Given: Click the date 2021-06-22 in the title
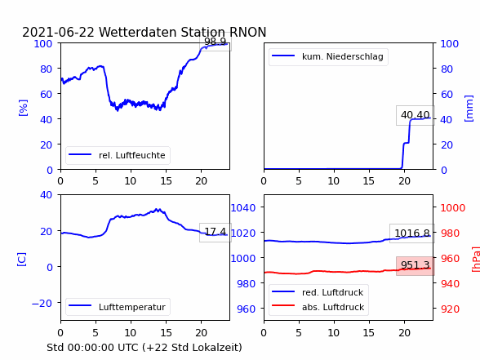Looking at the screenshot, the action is [x=59, y=32].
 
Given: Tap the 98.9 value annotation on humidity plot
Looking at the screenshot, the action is [x=216, y=42].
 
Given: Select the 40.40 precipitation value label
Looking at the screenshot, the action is [x=415, y=115].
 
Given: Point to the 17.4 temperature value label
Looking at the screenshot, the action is [x=216, y=232].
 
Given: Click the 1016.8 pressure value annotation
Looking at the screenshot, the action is [x=412, y=233].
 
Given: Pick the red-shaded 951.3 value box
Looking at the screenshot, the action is [x=415, y=265].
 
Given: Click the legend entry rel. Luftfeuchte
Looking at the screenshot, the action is [x=118, y=155].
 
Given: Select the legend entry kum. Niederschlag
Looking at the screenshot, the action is [x=328, y=56].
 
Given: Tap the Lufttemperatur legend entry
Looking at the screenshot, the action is [x=118, y=307].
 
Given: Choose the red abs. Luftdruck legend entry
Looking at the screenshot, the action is [x=318, y=307].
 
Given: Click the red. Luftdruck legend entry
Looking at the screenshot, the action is [x=318, y=292].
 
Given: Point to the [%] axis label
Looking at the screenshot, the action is [x=23, y=108].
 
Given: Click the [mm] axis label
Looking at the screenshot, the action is [x=469, y=109].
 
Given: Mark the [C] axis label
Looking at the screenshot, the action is [x=22, y=260].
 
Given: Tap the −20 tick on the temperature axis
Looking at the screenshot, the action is [x=42, y=303].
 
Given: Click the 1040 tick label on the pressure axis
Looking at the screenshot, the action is [x=243, y=208].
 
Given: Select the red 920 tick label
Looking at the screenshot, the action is [x=450, y=309].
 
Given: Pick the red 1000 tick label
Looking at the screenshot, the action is [x=453, y=208].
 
